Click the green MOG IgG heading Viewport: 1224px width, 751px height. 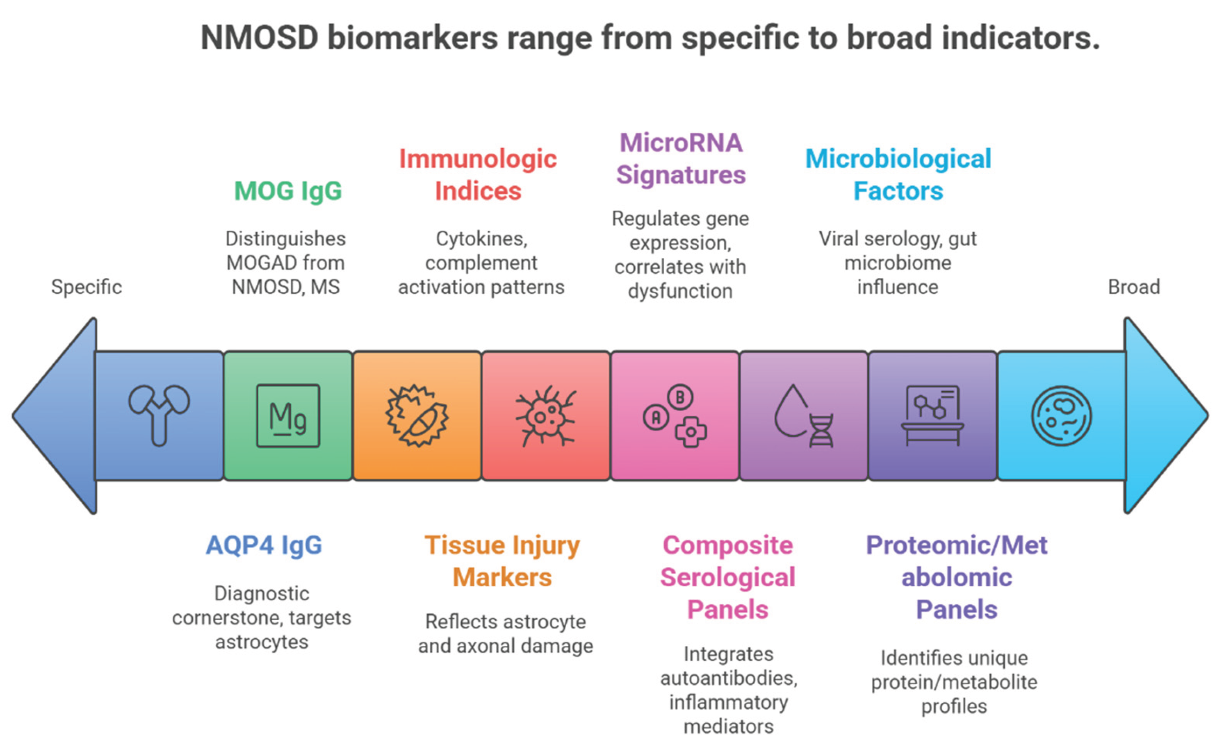point(288,191)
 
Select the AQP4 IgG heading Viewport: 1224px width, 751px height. point(264,545)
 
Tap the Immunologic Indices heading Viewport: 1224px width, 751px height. point(478,175)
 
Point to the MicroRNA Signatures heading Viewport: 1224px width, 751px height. point(681,159)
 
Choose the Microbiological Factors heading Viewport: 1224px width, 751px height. point(898,175)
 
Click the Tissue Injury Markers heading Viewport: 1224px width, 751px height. point(502,561)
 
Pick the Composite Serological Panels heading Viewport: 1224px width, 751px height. point(727,577)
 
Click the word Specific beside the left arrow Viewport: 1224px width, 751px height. point(87,288)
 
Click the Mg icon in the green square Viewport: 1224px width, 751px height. point(288,416)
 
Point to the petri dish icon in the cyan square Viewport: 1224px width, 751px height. point(1062,416)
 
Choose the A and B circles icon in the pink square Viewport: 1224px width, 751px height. point(675,416)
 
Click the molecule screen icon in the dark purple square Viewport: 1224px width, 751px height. point(932,416)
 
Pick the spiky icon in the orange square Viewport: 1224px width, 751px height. point(417,416)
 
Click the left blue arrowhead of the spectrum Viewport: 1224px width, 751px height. point(55,416)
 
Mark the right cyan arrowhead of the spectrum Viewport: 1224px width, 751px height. point(1166,416)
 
